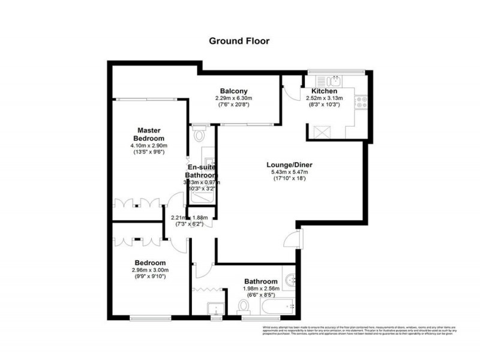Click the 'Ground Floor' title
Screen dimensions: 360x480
coord(239,41)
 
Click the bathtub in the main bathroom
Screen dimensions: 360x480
coord(278,307)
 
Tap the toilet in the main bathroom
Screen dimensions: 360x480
coord(244,307)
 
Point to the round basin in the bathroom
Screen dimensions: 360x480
coord(290,279)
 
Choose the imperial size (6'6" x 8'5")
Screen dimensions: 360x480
coord(260,295)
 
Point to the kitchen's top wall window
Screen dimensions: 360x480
coord(337,72)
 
